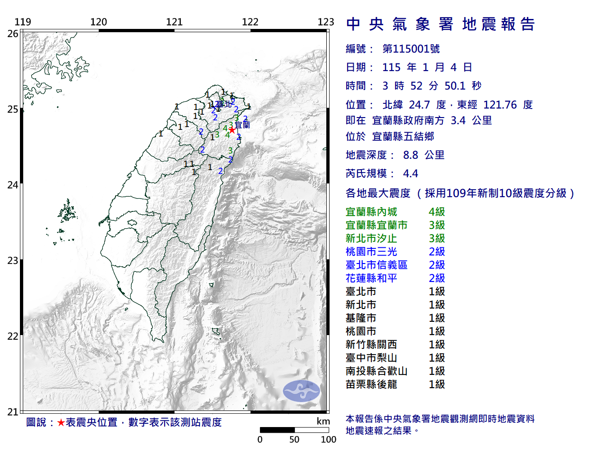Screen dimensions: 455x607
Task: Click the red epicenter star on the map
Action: pyautogui.click(x=231, y=130)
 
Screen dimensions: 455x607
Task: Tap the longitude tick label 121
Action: pyautogui.click(x=175, y=22)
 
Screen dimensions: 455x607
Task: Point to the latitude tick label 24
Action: pyautogui.click(x=13, y=185)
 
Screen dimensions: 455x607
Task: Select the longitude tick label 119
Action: pyautogui.click(x=23, y=22)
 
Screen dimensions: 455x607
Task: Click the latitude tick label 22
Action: pyautogui.click(x=13, y=337)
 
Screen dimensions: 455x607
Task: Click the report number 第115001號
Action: pyautogui.click(x=411, y=49)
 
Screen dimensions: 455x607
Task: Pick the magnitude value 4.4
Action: pyautogui.click(x=411, y=173)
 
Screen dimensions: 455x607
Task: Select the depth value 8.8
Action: pyautogui.click(x=411, y=155)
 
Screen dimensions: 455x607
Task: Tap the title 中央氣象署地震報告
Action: pyautogui.click(x=441, y=24)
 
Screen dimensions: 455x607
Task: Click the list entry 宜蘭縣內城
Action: pyautogui.click(x=371, y=212)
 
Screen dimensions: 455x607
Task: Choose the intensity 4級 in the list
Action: pyautogui.click(x=437, y=212)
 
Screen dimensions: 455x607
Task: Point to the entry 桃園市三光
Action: pyautogui.click(x=371, y=252)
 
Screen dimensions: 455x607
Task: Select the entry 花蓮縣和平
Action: pyautogui.click(x=371, y=278)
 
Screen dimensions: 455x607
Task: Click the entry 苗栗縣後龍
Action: pyautogui.click(x=371, y=384)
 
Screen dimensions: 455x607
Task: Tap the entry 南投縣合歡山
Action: pyautogui.click(x=377, y=371)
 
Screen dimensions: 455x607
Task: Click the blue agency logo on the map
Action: pyautogui.click(x=302, y=391)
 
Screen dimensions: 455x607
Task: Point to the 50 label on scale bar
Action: pyautogui.click(x=294, y=439)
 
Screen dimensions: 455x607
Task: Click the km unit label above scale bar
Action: pyautogui.click(x=323, y=421)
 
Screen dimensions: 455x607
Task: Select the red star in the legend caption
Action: pyautogui.click(x=61, y=422)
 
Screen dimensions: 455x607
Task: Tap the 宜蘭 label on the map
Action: pyautogui.click(x=243, y=125)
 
